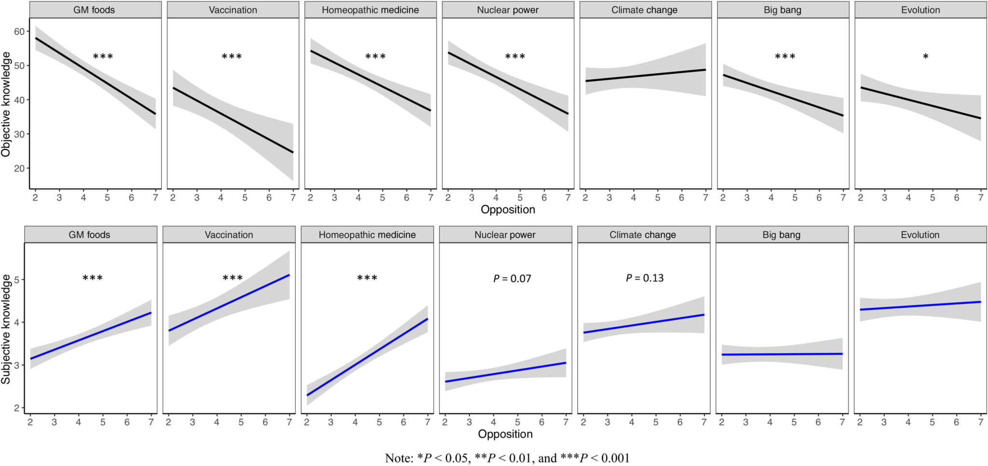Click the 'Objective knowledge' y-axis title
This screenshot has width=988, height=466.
click(6, 105)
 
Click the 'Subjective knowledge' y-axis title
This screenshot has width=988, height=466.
click(6, 329)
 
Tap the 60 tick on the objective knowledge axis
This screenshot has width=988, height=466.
click(19, 32)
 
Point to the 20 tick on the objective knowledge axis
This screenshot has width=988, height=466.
click(19, 169)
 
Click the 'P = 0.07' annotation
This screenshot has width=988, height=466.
click(512, 279)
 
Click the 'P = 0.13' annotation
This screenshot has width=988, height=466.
click(645, 278)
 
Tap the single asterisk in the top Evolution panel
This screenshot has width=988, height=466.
click(925, 57)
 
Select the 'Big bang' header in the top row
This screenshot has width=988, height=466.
click(782, 10)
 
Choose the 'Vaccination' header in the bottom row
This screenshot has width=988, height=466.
click(229, 235)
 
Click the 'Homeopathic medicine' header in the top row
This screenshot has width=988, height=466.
click(370, 10)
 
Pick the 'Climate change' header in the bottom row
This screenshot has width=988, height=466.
click(643, 235)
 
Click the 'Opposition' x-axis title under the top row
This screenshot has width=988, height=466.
click(508, 210)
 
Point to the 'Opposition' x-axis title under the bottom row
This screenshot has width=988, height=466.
click(505, 434)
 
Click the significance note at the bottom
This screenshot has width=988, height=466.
click(507, 458)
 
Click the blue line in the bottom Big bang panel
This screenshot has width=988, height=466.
click(782, 354)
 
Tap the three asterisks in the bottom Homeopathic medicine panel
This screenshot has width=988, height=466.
click(367, 278)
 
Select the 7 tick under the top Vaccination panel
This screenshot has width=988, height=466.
click(293, 198)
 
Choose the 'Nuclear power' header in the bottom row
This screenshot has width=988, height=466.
click(505, 235)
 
